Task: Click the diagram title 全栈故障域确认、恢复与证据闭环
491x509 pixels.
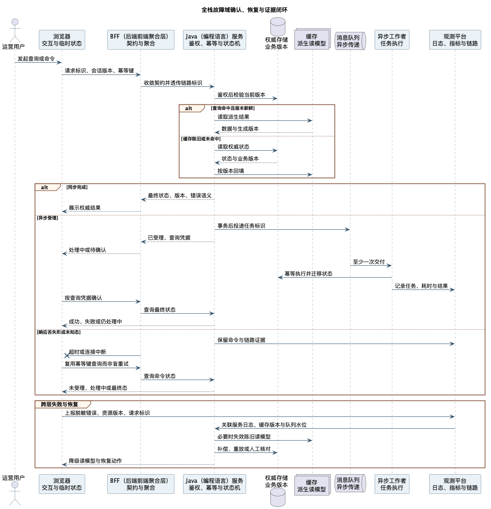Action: (244, 10)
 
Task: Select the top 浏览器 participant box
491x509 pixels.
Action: (62, 40)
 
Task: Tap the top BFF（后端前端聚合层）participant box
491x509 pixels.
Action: (141, 40)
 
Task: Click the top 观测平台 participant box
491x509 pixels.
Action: (455, 40)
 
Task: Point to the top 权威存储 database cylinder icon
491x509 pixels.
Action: (278, 27)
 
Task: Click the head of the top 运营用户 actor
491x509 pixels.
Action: (15, 22)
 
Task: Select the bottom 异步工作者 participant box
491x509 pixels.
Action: (392, 484)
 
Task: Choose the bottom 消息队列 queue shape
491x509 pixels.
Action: (350, 483)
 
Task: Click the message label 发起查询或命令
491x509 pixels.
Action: (36, 59)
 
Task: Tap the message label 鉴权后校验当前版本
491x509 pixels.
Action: (241, 95)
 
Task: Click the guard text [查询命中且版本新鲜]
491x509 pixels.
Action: (233, 108)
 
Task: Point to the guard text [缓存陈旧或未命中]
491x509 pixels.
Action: (201, 139)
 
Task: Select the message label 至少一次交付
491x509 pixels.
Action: (369, 262)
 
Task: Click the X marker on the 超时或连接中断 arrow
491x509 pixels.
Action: (67, 355)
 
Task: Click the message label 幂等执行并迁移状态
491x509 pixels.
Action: (308, 274)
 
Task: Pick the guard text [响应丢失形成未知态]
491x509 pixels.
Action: (59, 332)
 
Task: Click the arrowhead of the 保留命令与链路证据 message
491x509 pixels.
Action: (452, 344)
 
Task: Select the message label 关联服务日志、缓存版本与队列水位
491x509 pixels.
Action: (264, 425)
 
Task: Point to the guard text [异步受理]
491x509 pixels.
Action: (48, 218)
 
